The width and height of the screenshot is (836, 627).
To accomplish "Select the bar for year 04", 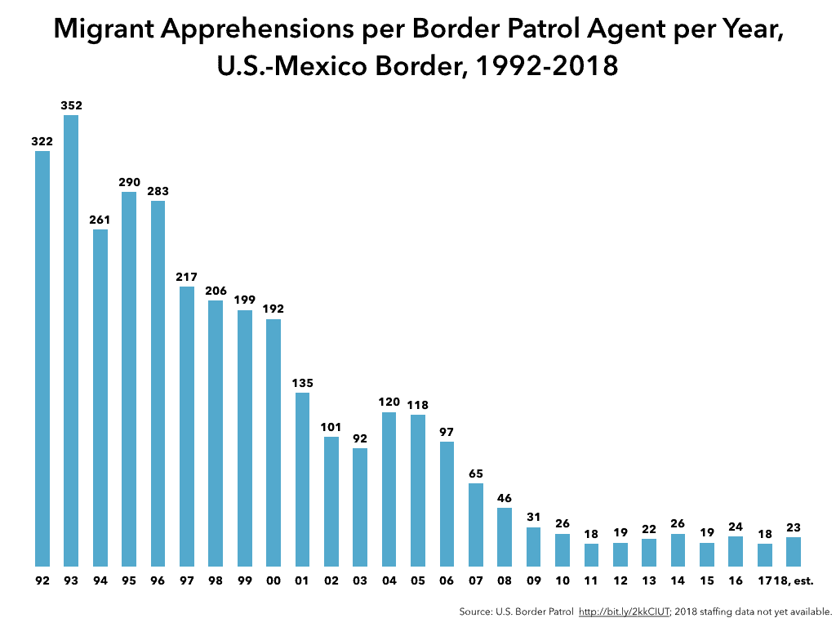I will click(389, 489).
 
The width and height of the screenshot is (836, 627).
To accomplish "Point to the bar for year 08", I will click(505, 536).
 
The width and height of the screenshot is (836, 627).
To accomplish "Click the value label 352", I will click(71, 105).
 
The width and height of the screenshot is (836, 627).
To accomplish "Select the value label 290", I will click(129, 182).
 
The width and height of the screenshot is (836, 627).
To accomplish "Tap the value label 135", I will click(302, 383).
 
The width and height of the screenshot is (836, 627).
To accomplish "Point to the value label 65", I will click(476, 473).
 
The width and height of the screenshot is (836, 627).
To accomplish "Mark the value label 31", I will click(534, 517).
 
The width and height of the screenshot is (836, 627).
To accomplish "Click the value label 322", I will click(42, 141).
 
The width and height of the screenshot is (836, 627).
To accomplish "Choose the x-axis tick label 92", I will click(42, 581).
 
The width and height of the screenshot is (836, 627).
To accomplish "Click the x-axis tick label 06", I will click(447, 581).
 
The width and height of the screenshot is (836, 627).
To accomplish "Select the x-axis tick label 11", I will click(591, 581).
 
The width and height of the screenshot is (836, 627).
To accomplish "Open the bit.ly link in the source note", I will click(625, 611).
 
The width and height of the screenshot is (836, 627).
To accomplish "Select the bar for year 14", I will click(678, 549).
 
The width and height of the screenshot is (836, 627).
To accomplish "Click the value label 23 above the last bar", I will click(794, 527).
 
